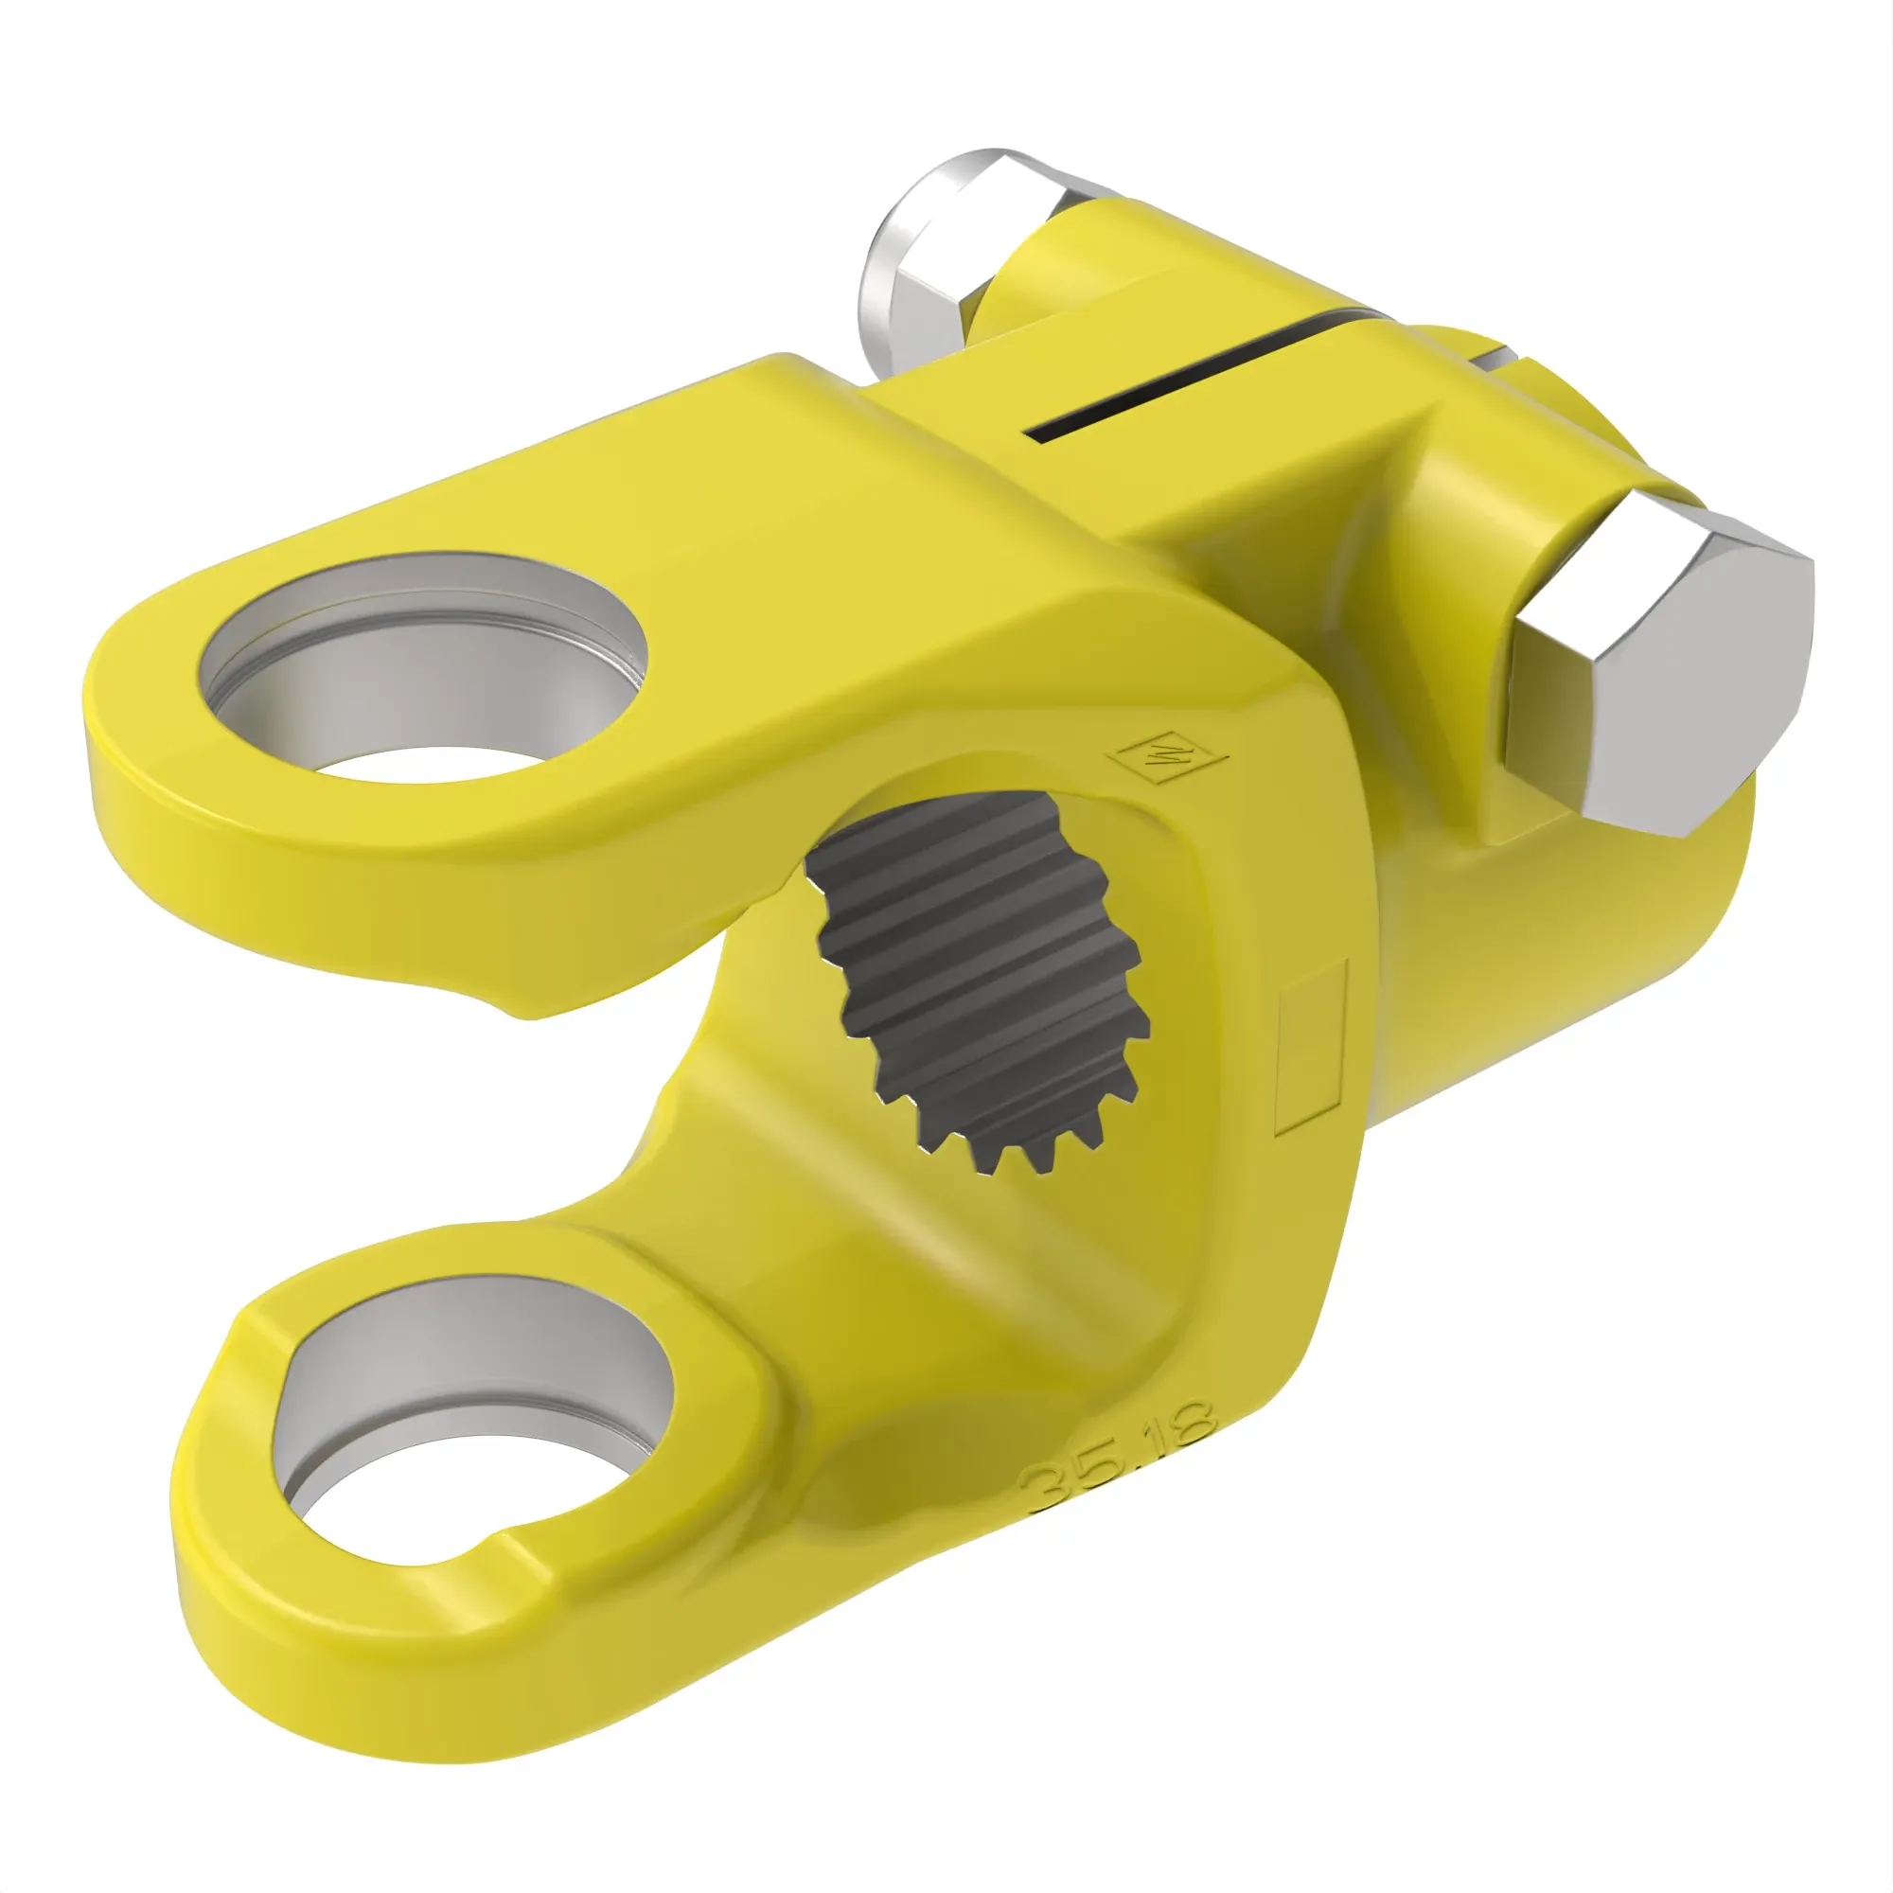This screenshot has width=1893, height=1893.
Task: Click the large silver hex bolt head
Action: [x=1655, y=676]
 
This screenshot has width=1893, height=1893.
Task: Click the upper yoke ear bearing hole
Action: [x=421, y=676]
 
